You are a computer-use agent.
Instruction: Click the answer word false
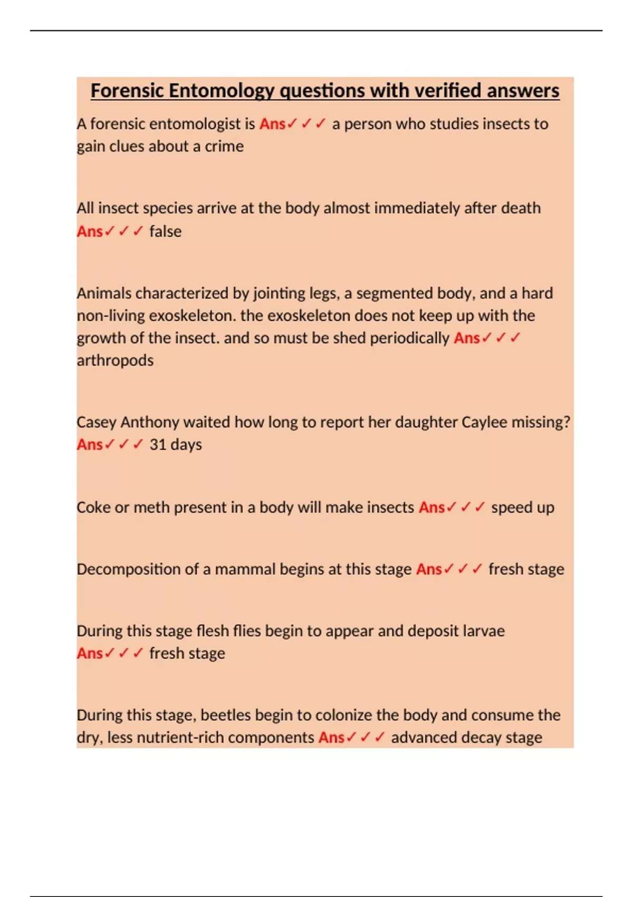(x=165, y=231)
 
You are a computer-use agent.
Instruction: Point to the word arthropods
(x=115, y=360)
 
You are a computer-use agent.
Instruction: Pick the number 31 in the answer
(x=158, y=444)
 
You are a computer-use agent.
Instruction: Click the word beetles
(x=226, y=715)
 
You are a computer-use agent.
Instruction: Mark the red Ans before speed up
(x=432, y=507)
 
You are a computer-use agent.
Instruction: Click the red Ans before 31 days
(x=90, y=444)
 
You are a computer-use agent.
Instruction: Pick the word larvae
(x=483, y=631)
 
